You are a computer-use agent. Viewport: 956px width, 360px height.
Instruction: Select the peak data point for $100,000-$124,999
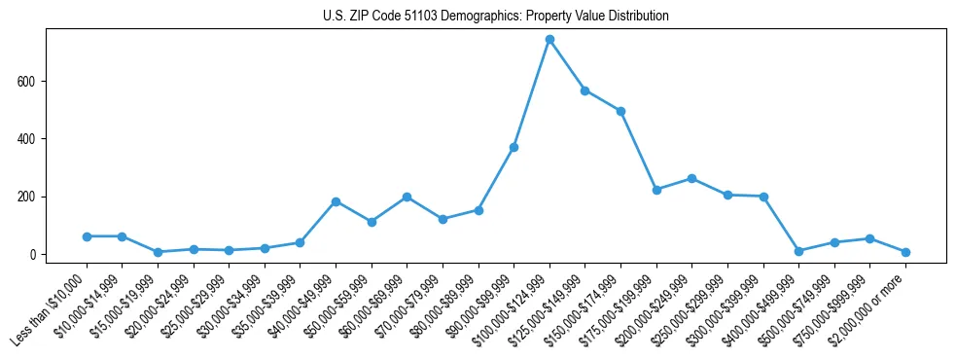[x=549, y=39]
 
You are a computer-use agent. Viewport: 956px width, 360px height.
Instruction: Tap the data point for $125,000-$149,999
[x=585, y=90]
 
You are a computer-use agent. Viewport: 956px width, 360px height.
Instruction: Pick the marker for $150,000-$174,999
[x=620, y=111]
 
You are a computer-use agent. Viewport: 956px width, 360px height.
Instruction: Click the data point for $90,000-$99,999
[x=513, y=147]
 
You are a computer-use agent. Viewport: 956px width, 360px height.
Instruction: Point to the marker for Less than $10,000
[x=87, y=236]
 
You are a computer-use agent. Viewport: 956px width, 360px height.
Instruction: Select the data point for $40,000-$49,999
[x=336, y=201]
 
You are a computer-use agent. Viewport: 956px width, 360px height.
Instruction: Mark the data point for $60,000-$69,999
[x=407, y=197]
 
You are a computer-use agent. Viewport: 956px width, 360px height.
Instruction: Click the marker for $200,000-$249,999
[x=691, y=178]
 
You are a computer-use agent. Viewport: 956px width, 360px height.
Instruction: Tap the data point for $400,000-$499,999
[x=798, y=251]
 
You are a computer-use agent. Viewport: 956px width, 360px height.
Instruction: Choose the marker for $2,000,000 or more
[x=905, y=252]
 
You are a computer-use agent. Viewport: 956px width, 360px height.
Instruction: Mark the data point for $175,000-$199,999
[x=656, y=190]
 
